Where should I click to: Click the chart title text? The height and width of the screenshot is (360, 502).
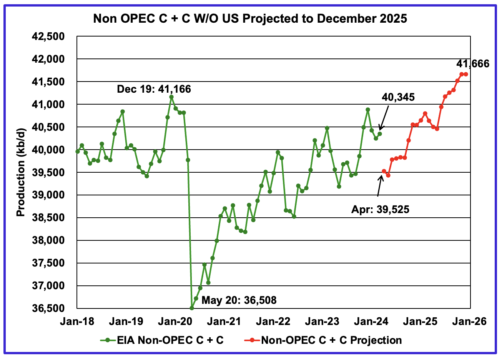250,18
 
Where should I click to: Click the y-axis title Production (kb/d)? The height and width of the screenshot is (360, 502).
21,172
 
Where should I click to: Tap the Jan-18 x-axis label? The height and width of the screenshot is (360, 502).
77,322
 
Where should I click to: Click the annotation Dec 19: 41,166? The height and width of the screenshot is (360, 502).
154,89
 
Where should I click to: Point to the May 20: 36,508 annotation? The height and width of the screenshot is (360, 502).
239,300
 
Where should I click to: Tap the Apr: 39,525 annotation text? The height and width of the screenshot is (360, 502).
380,210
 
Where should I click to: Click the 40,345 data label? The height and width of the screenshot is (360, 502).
398,97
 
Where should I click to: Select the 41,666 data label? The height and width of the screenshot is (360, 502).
473,63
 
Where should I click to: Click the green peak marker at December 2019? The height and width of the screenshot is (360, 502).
171,97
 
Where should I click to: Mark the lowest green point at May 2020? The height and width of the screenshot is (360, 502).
192,308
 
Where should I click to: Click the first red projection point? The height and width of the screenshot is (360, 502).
384,171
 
